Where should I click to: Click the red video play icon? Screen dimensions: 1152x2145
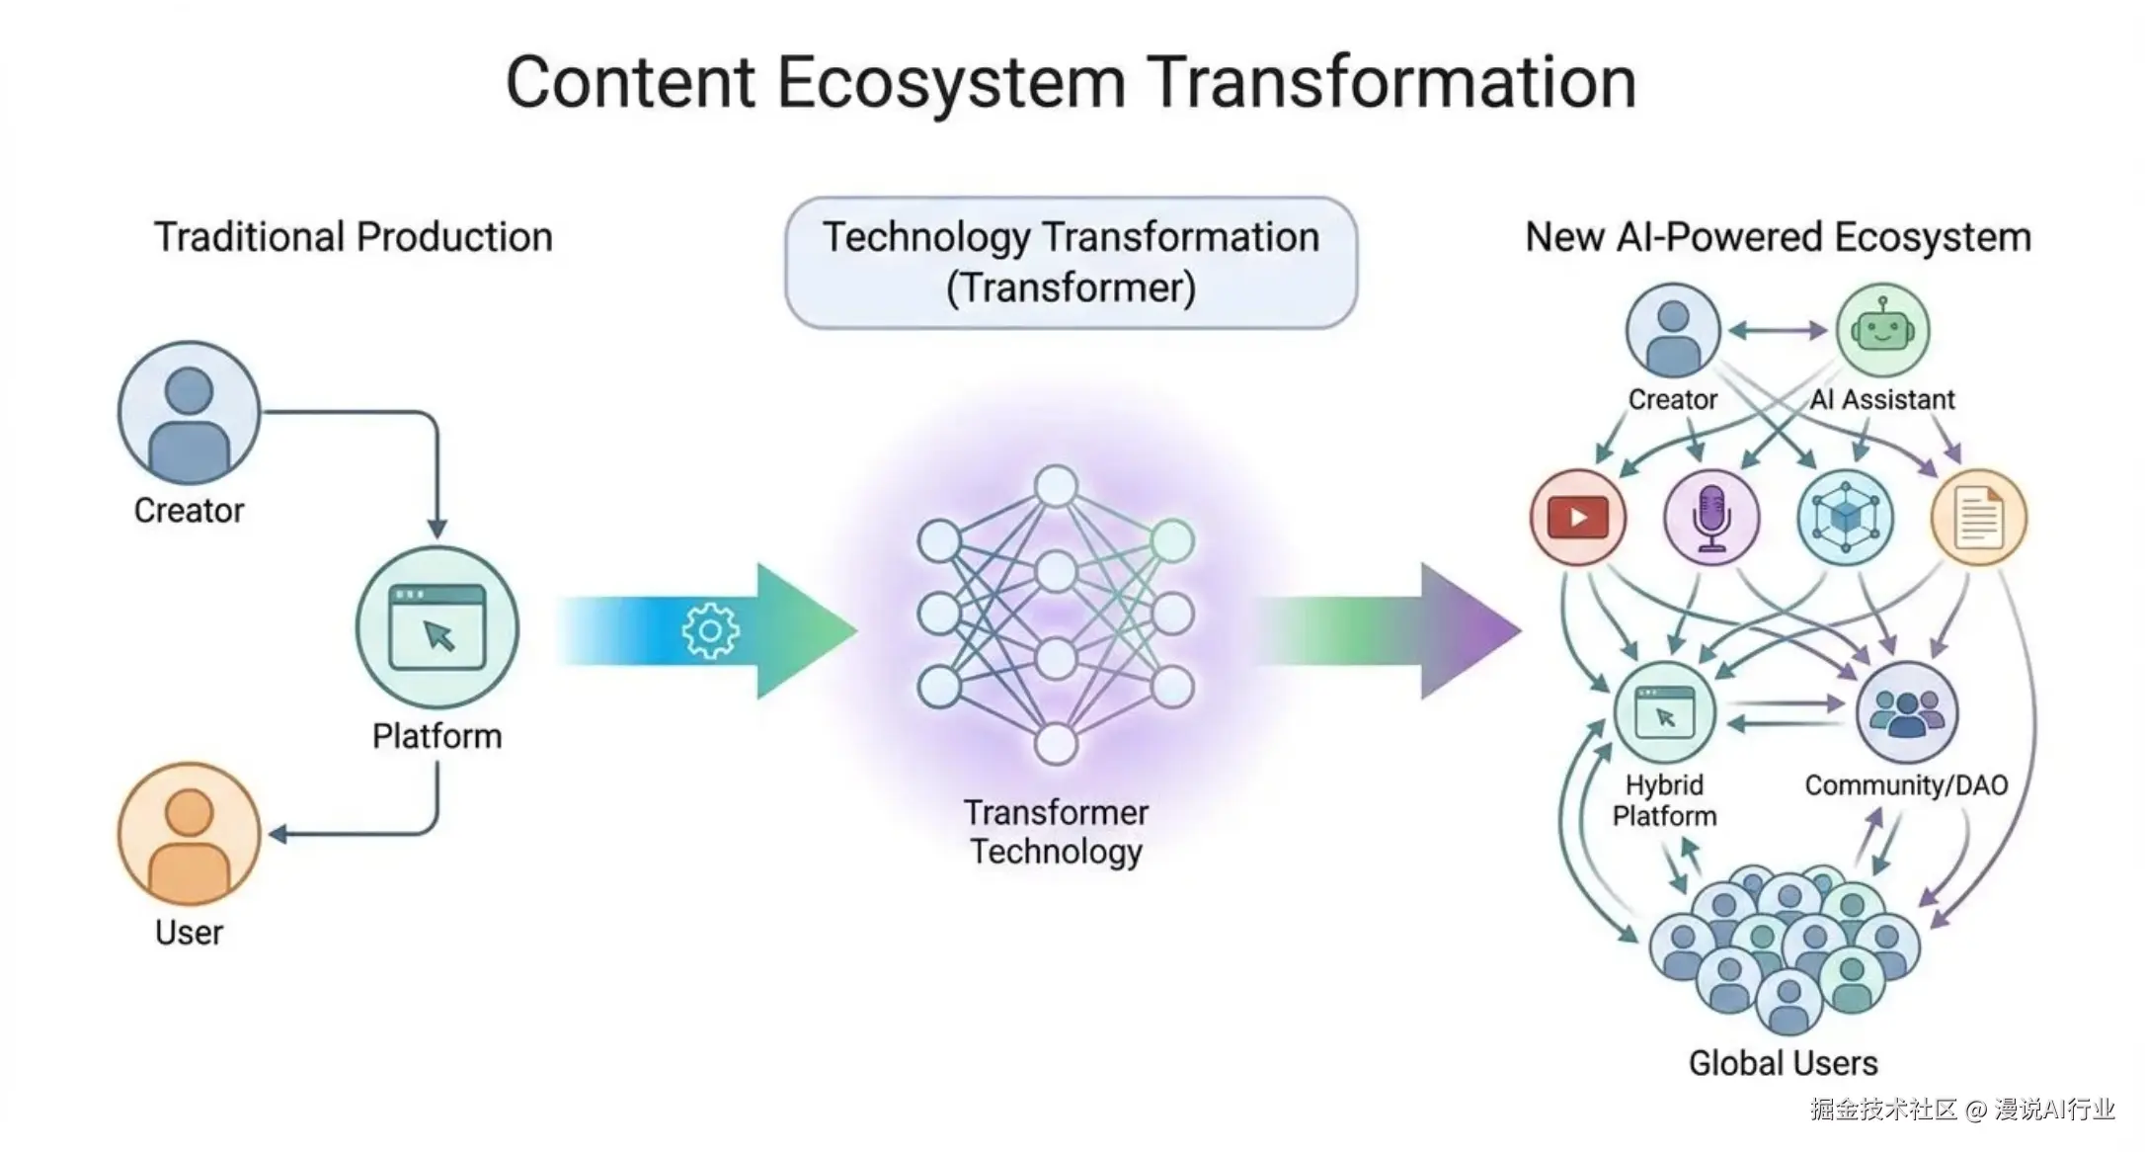(x=1577, y=518)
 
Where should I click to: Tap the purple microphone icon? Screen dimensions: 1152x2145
(x=1711, y=518)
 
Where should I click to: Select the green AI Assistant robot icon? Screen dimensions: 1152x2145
(x=1882, y=330)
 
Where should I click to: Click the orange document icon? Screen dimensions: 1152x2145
(x=1979, y=518)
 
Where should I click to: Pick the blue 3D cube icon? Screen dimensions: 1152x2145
(x=1846, y=518)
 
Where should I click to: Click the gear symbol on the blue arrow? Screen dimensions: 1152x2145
(x=710, y=630)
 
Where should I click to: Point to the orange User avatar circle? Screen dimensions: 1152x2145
(x=189, y=834)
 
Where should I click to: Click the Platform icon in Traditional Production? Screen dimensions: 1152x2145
(x=437, y=628)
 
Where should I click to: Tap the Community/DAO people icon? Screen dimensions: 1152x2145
(x=1906, y=711)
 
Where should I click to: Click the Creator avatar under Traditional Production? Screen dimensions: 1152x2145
(x=189, y=413)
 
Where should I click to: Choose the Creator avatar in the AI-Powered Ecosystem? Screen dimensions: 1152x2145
(x=1673, y=330)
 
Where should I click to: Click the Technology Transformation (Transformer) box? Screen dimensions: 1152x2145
(x=1071, y=263)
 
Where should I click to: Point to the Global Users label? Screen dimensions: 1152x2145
(x=1783, y=1063)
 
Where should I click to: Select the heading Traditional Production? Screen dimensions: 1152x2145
(x=353, y=237)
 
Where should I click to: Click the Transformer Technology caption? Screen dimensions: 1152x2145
(x=1056, y=832)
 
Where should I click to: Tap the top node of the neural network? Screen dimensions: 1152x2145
(x=1056, y=486)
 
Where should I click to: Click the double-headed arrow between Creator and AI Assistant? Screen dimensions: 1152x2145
(x=1778, y=331)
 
